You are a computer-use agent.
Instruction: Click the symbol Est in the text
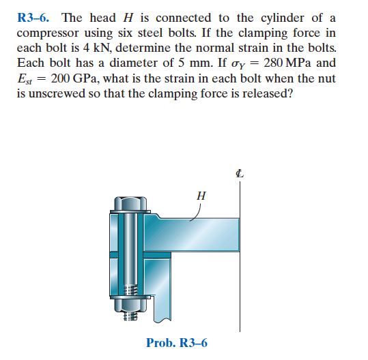(25, 78)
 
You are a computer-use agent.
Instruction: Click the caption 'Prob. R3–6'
(177, 342)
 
